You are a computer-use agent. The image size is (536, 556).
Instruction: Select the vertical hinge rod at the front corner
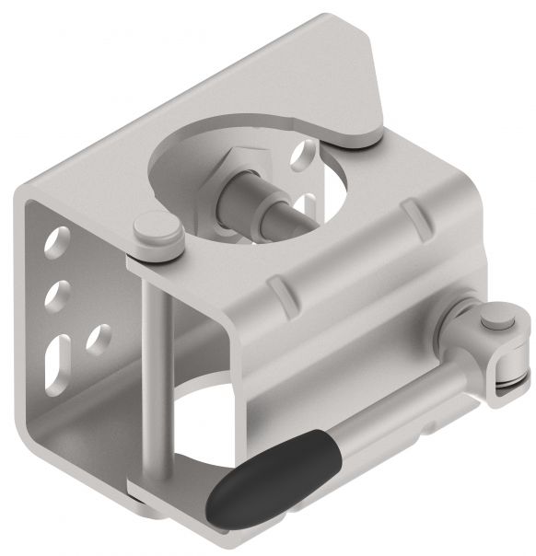[x=151, y=368]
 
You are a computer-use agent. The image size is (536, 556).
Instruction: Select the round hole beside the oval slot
[x=94, y=340]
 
